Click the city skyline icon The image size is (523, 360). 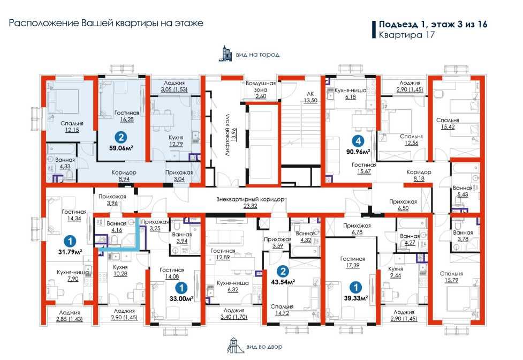225,54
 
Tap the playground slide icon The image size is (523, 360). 236,345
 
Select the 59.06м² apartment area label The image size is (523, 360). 121,148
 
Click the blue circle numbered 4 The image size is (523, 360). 358,141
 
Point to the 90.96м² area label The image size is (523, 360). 359,152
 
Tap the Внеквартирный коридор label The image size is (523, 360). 250,202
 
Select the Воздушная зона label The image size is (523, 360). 261,89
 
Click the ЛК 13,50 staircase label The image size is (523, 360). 310,97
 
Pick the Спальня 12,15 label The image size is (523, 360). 72,126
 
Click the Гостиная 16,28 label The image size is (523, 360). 127,116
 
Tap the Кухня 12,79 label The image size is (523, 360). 176,140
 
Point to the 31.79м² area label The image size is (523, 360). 70,252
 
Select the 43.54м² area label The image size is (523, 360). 283,282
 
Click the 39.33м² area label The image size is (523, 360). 356,298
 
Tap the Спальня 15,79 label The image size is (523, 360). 451,277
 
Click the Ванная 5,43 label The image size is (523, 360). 463,191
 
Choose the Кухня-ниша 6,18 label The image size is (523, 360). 351,93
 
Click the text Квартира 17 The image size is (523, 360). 407,35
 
